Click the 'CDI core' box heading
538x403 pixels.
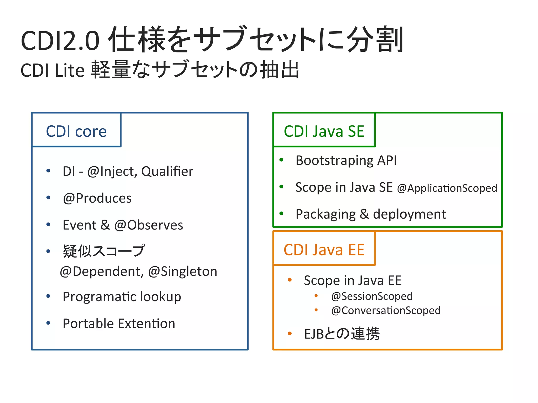[76, 131]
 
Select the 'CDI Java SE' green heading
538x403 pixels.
[324, 131]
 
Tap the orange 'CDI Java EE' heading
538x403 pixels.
[324, 250]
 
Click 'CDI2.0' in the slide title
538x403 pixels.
[60, 41]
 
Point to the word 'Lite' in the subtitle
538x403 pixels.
[70, 71]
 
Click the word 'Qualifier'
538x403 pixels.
[167, 172]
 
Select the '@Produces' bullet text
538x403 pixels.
[97, 198]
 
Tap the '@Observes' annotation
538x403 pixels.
[149, 225]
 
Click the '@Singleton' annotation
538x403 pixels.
[183, 272]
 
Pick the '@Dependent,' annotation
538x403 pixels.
[102, 272]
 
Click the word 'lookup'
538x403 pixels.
[161, 297]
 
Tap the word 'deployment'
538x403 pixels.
[409, 214]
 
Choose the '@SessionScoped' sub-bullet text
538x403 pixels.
[372, 296]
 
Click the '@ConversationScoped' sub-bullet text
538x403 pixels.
[386, 310]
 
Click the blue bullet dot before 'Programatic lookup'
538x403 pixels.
[48, 296]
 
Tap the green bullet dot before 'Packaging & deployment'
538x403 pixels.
[281, 213]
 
